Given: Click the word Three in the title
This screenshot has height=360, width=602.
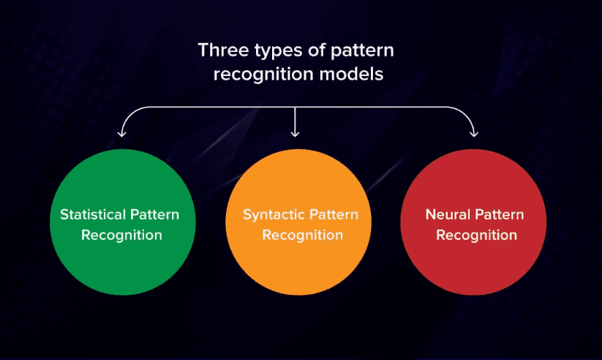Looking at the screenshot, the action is coord(223,50).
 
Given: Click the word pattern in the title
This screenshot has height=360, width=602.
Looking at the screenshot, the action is coord(362,51).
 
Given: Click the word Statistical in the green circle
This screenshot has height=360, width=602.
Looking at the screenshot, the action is coord(93,214).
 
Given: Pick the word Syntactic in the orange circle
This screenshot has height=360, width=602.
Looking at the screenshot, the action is coord(274,215).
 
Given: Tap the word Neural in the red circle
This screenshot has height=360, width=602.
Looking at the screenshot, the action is coord(448,214).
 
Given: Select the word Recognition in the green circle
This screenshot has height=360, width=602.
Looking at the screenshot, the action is coord(121,235).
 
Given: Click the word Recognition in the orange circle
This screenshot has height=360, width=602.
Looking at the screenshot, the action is coord(303,235).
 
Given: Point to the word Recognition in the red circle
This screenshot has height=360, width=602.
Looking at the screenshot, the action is coord(476,235).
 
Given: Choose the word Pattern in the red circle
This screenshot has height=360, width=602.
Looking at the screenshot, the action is coord(499,214).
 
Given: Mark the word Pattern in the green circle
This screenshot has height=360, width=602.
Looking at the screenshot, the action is coord(155,214).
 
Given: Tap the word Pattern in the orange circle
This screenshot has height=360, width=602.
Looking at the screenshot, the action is coord(334,214).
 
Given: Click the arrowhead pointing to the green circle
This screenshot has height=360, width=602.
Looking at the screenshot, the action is coord(121,134).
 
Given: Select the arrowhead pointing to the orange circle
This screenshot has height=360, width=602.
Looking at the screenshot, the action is coord(295,134).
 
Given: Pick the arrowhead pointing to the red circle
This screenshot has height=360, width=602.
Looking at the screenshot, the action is coord(474,134).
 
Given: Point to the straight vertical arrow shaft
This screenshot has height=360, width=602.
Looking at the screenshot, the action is coord(295,121).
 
